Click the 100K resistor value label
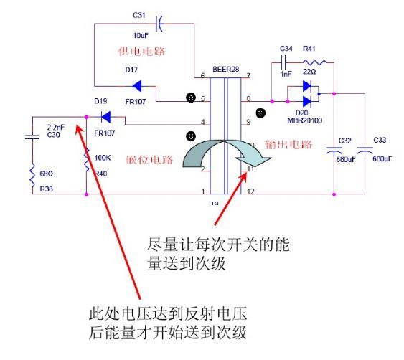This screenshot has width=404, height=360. coord(102,156)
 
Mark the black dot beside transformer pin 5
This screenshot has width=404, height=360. coord(191,98)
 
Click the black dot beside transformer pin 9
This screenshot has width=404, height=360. coord(260,112)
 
